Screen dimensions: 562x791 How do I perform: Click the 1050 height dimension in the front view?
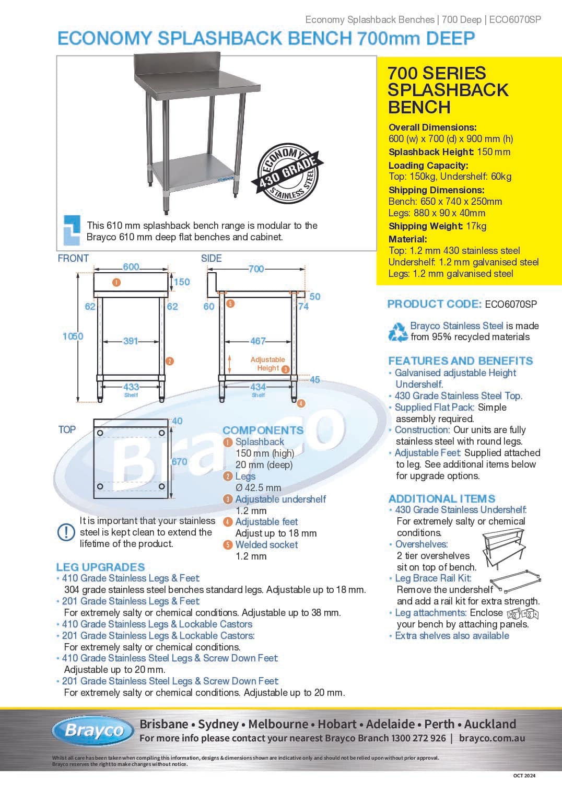[73, 336]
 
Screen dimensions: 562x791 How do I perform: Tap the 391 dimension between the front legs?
[130, 341]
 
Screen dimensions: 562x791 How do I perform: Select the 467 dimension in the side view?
[257, 341]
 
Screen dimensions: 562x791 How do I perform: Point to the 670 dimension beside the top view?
[179, 461]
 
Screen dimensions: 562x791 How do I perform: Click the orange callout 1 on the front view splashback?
[116, 282]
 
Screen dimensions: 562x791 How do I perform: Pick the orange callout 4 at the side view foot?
[301, 403]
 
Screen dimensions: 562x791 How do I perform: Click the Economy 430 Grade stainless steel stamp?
[288, 173]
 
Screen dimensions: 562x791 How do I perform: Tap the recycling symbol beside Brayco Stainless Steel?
[398, 332]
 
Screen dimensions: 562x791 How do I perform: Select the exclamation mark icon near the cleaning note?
[66, 532]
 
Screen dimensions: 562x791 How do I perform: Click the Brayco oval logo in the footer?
[93, 730]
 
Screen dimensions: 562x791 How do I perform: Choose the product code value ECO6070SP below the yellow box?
[511, 304]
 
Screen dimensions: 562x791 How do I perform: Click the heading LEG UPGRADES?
[101, 567]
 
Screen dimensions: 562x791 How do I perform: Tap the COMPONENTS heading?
[263, 430]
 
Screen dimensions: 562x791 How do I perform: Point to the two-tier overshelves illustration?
[504, 549]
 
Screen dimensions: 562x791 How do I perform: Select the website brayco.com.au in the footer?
[492, 738]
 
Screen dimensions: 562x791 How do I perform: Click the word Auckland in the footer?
[490, 724]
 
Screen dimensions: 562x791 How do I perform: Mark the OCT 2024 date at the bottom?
[524, 775]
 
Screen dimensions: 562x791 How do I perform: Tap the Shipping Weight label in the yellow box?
[426, 226]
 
